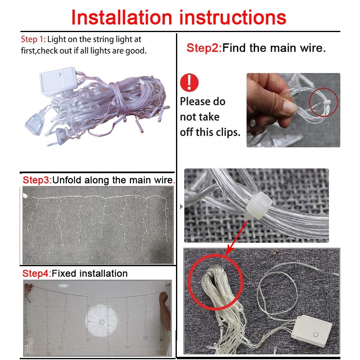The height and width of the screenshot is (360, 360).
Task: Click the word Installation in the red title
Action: (122, 18)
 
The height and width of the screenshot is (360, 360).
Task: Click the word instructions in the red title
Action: (233, 18)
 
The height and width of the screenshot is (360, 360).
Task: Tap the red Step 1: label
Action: (34, 39)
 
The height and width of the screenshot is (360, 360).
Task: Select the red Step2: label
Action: (204, 48)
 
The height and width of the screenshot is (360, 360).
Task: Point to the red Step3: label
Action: (37, 180)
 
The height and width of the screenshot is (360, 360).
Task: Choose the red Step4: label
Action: (37, 273)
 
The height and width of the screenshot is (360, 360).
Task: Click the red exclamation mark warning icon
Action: (189, 83)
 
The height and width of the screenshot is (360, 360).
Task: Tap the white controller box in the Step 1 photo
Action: (58, 80)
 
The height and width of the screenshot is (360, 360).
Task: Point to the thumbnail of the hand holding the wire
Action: (293, 110)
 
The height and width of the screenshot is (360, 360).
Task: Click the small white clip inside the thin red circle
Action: (326, 103)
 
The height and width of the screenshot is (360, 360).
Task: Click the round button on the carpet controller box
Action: (316, 334)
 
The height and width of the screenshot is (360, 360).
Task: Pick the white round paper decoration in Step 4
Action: (101, 320)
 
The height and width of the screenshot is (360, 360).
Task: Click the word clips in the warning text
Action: (227, 132)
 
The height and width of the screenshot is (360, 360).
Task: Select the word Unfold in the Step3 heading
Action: (67, 180)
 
